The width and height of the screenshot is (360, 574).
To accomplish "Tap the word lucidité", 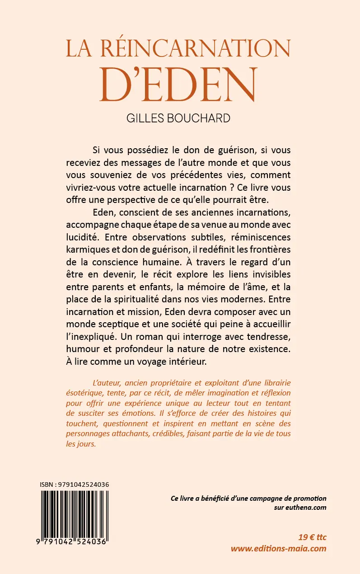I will (x=85, y=237).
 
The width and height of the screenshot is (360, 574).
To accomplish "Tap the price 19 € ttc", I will (x=312, y=537).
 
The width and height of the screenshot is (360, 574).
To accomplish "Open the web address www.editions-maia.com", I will (x=278, y=549).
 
